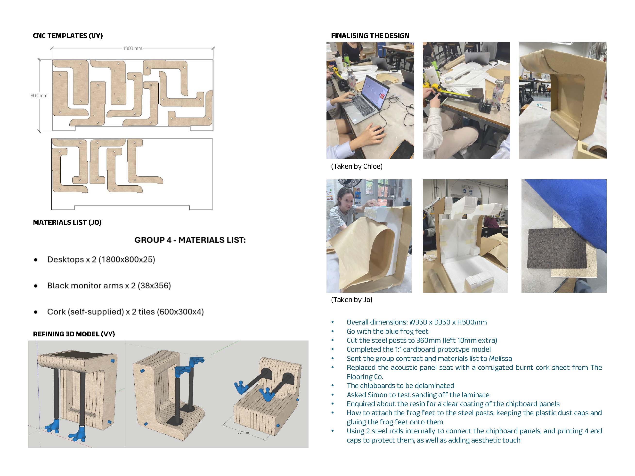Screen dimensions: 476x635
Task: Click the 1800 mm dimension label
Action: point(132,48)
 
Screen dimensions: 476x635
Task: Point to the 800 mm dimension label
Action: point(39,95)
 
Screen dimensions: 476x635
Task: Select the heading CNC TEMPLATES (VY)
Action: point(68,36)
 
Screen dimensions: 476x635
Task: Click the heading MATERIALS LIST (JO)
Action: point(67,222)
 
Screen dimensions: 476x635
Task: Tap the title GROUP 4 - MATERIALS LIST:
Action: point(190,240)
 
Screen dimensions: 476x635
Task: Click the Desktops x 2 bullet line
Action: point(101,259)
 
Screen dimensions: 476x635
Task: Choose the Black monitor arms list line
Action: point(109,286)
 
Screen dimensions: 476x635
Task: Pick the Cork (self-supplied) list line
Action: point(125,312)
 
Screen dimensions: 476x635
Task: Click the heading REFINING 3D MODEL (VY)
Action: point(74,334)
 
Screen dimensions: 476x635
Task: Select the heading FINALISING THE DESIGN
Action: point(370,36)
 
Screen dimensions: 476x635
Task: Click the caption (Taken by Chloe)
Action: point(357,167)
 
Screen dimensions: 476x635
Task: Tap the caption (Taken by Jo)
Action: point(352,300)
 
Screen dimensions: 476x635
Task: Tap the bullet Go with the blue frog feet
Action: point(387,331)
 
